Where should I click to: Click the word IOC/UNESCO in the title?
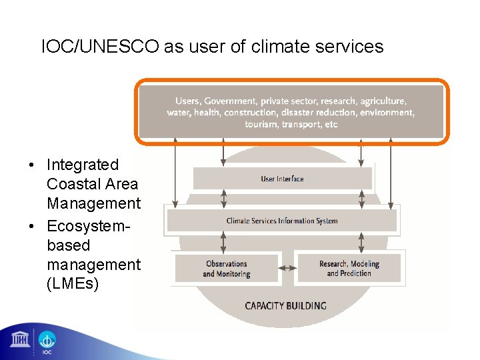pos(99,47)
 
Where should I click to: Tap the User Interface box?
pos(282,179)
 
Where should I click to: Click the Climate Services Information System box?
pos(281,221)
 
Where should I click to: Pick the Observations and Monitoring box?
pos(226,268)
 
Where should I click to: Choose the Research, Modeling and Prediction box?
pos(349,268)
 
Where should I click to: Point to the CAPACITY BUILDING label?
pos(285,306)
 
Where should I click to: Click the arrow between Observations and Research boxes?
pos(287,268)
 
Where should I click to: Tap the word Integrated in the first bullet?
pos(83,165)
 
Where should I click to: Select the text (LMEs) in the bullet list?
pos(73,284)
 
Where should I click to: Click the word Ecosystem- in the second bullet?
pos(88,225)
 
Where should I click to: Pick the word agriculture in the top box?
pos(383,101)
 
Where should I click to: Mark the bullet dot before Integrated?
pos(32,165)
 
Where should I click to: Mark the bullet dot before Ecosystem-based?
pos(32,225)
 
